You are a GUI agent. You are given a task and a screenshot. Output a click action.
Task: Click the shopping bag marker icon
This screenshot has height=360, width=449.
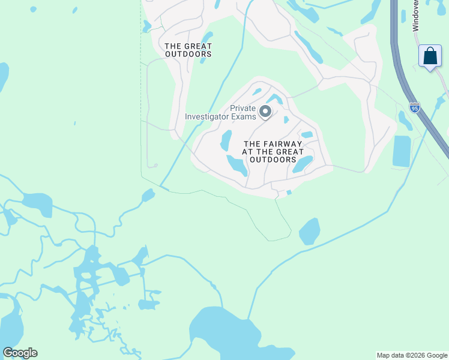pyautogui.click(x=430, y=56)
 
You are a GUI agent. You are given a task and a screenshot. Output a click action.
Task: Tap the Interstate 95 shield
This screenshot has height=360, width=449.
pyautogui.click(x=414, y=107)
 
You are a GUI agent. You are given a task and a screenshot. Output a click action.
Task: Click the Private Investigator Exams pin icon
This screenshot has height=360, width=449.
pyautogui.click(x=265, y=112)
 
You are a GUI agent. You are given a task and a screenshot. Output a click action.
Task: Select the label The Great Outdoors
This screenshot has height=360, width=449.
pyautogui.click(x=188, y=50)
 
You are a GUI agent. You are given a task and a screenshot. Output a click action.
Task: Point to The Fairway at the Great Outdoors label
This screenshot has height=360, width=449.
pyautogui.click(x=273, y=152)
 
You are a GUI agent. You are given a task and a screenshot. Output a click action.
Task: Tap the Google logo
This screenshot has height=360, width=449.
pyautogui.click(x=20, y=353)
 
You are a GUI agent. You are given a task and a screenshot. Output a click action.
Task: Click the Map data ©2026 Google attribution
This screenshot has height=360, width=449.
pyautogui.click(x=412, y=355)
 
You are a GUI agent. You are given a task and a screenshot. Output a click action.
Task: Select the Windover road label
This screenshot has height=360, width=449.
pyautogui.click(x=416, y=16)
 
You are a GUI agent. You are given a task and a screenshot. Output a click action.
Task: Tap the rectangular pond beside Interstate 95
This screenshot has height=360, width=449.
pyautogui.click(x=402, y=151)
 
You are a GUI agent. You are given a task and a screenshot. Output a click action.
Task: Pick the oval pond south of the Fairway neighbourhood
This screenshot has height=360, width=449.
pyautogui.click(x=309, y=231)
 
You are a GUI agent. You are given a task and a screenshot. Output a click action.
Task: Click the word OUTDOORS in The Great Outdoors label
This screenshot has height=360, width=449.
pyautogui.click(x=188, y=54)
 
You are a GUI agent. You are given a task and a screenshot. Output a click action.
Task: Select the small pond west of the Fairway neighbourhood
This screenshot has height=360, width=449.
pyautogui.click(x=148, y=196)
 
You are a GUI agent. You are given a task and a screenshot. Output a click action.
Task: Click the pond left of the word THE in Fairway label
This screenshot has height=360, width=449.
pyautogui.click(x=226, y=141)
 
